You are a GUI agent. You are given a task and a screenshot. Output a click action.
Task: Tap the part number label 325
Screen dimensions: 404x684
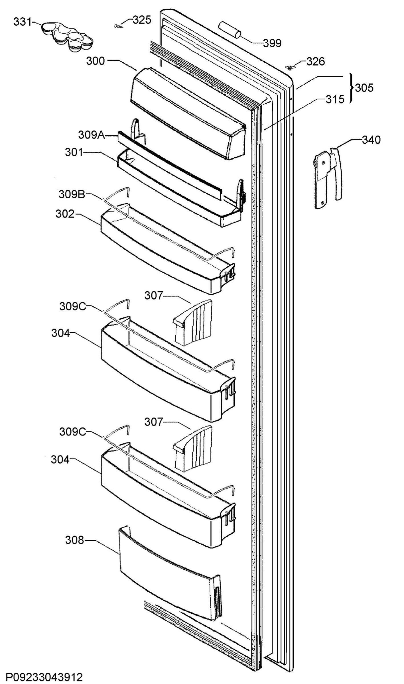coord(142,20)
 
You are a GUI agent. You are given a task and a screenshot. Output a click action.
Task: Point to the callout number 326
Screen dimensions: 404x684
coord(316,61)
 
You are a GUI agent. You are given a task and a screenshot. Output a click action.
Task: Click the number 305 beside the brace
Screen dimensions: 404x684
coord(364,88)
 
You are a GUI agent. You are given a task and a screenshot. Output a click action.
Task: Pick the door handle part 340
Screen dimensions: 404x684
coord(328,178)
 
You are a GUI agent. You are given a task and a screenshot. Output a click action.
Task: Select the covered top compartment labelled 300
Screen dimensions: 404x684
coord(188,113)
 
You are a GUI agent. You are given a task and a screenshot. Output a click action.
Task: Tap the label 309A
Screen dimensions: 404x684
coord(92,135)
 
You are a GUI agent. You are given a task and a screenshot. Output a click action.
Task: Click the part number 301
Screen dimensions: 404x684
coord(74,152)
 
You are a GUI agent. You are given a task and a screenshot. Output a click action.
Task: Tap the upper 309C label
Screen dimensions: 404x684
coord(73,307)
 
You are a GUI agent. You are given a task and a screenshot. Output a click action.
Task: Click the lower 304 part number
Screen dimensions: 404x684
coord(60,460)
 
